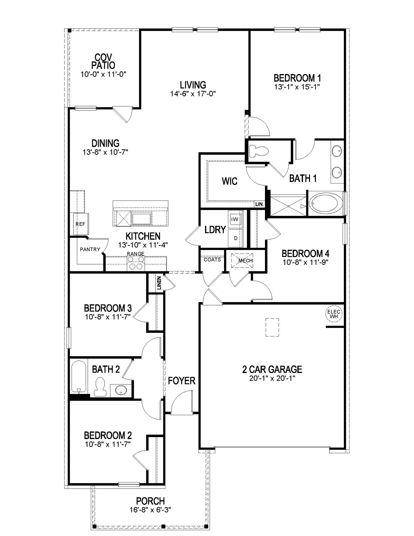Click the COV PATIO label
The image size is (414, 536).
pyautogui.click(x=103, y=61)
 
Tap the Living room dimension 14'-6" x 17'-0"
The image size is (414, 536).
pyautogui.click(x=193, y=94)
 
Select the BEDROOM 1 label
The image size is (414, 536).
pyautogui.click(x=297, y=78)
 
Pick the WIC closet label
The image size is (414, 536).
pyautogui.click(x=230, y=181)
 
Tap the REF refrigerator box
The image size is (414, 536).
pyautogui.click(x=81, y=224)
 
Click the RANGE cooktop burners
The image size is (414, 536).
pyautogui.click(x=136, y=263)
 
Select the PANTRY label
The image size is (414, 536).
pyautogui.click(x=90, y=249)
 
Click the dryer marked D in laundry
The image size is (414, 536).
pyautogui.click(x=235, y=238)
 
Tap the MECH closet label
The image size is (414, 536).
pyautogui.click(x=246, y=261)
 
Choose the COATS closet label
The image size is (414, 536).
pyautogui.click(x=212, y=260)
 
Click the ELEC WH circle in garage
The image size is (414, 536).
pyautogui.click(x=334, y=314)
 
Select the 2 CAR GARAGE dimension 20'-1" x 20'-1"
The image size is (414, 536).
pyautogui.click(x=272, y=378)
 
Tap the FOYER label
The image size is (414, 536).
pyautogui.click(x=182, y=381)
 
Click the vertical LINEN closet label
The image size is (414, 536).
pyautogui.click(x=159, y=283)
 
